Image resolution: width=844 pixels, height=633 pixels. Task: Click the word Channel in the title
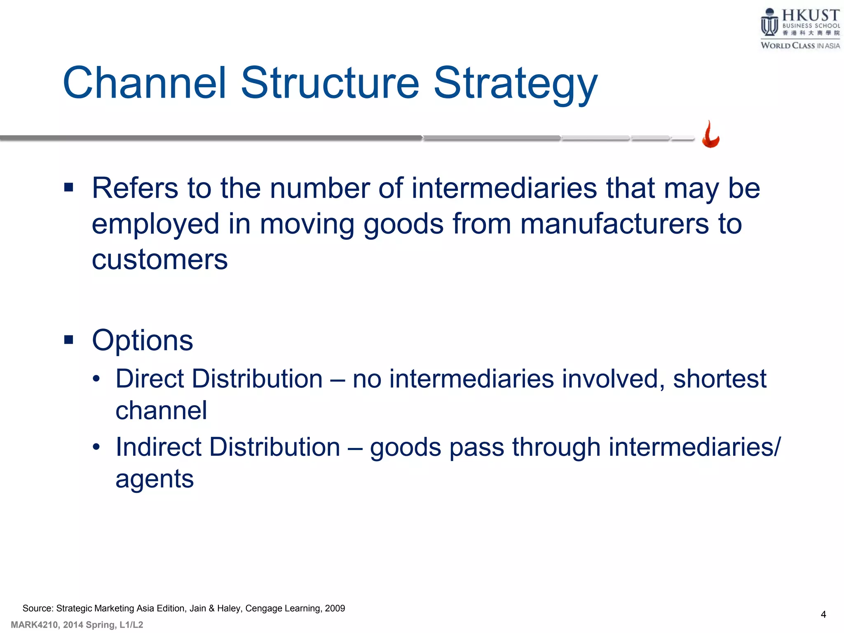pyautogui.click(x=145, y=83)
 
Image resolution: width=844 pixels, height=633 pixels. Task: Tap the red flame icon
pyautogui.click(x=711, y=135)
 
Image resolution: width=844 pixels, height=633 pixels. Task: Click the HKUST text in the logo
pyautogui.click(x=810, y=15)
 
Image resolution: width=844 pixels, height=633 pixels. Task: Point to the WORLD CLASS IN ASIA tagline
pyautogui.click(x=800, y=46)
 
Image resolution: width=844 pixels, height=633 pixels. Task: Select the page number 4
pyautogui.click(x=823, y=614)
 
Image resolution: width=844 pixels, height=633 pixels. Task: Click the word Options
pyautogui.click(x=142, y=341)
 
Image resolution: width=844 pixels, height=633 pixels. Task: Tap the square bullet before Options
pyautogui.click(x=69, y=340)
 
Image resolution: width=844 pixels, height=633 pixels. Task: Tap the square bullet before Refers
pyautogui.click(x=69, y=188)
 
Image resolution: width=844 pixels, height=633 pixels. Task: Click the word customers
pyautogui.click(x=159, y=260)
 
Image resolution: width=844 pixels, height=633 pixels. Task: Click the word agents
pyautogui.click(x=155, y=479)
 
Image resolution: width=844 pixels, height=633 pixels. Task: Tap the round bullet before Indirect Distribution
pyautogui.click(x=96, y=447)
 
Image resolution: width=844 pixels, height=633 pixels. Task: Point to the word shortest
pyautogui.click(x=720, y=379)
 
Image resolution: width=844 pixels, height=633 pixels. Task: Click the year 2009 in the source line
pyautogui.click(x=335, y=608)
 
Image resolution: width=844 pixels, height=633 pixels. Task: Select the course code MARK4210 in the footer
pyautogui.click(x=34, y=625)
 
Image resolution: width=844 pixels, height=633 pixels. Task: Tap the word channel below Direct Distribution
pyautogui.click(x=161, y=410)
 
